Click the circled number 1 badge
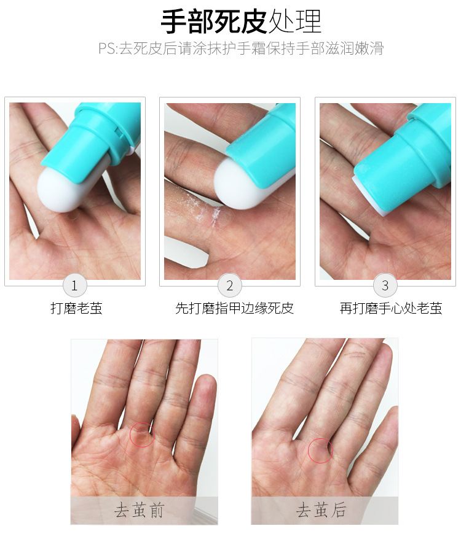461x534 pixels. point(75,285)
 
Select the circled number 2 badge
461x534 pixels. point(230,285)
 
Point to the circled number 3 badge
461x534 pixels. point(385,285)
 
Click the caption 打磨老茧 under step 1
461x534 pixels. point(76,308)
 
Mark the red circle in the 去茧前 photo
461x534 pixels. point(142,435)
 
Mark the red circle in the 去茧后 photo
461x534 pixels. point(320,450)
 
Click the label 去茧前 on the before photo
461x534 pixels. point(140,510)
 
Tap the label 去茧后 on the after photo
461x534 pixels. point(321,510)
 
